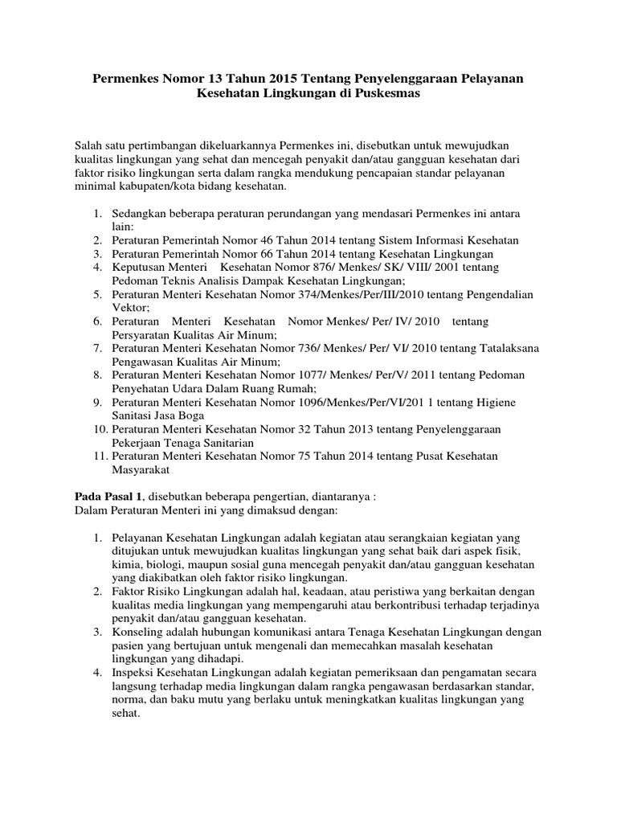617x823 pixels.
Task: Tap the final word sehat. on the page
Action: [x=126, y=712]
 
